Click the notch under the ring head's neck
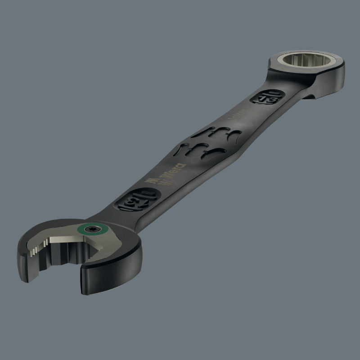[x=307, y=95]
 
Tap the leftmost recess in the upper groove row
[x=201, y=134]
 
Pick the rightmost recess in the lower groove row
[x=218, y=152]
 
